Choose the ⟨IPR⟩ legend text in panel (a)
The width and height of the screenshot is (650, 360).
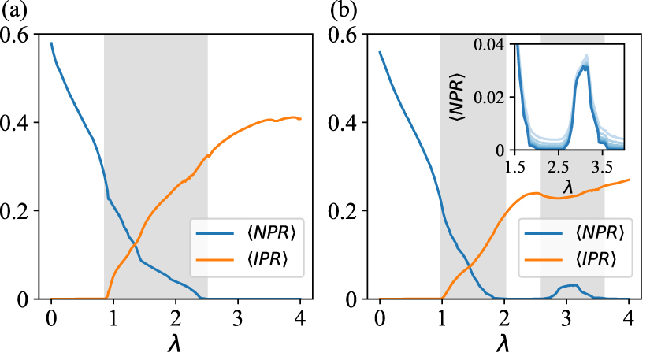pyautogui.click(x=254, y=262)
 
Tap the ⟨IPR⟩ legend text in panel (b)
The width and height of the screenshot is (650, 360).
pyautogui.click(x=583, y=262)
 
